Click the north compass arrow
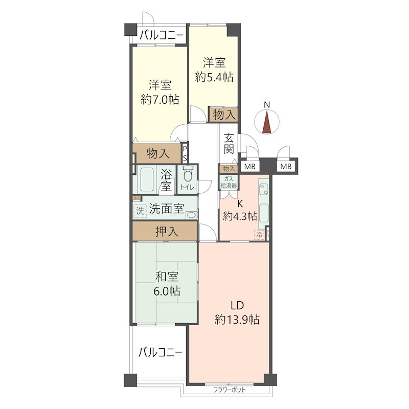[266, 123]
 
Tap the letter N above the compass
[266, 105]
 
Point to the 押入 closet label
[167, 232]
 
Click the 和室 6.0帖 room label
[167, 284]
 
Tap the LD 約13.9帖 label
[237, 313]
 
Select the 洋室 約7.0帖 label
[160, 92]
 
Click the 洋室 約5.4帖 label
[214, 70]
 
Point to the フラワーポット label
[230, 390]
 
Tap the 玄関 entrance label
[229, 144]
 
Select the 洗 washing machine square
[140, 210]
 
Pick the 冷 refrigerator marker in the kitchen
[260, 235]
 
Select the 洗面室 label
[166, 209]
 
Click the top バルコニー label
[162, 36]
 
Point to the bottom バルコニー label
[160, 352]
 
